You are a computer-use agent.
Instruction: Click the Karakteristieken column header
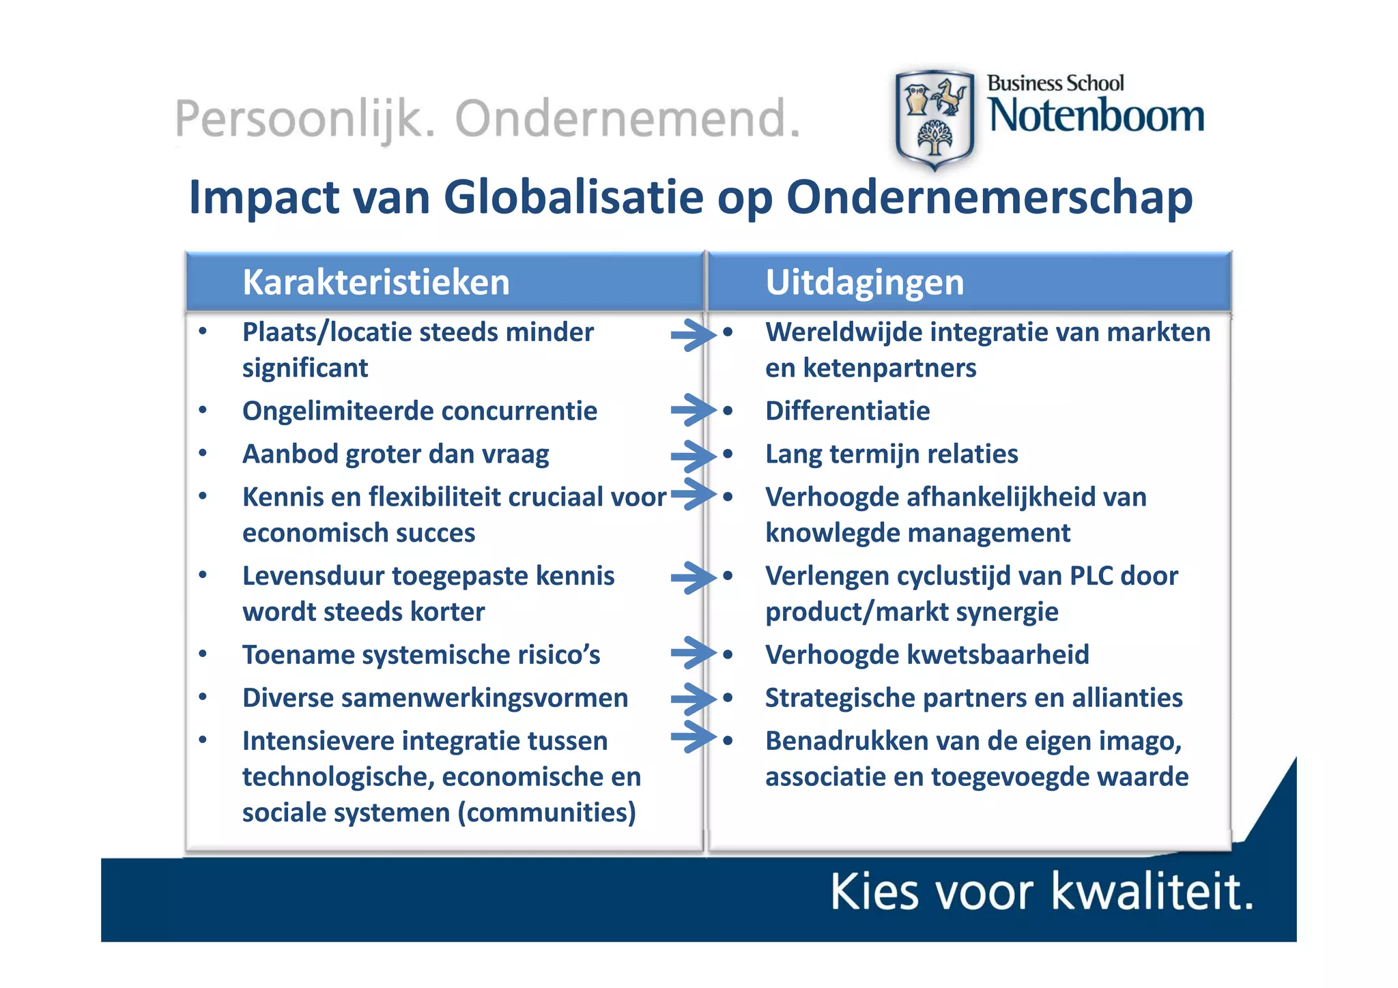click(x=376, y=282)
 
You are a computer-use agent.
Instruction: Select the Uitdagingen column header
click(x=864, y=282)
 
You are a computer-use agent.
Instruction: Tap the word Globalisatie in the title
click(x=573, y=197)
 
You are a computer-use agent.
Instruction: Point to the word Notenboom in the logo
click(x=1096, y=116)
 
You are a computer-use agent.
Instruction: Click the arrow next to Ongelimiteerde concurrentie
click(x=691, y=410)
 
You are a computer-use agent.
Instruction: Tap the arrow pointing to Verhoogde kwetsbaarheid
click(x=691, y=654)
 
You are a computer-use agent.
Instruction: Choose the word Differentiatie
click(x=847, y=411)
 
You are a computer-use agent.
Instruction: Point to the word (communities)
click(x=547, y=813)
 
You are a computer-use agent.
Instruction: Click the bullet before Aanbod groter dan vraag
click(x=203, y=453)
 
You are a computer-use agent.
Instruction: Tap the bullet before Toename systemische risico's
click(x=203, y=654)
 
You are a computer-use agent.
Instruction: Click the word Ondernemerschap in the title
click(x=989, y=197)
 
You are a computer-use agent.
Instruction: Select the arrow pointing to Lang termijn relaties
click(x=691, y=456)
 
